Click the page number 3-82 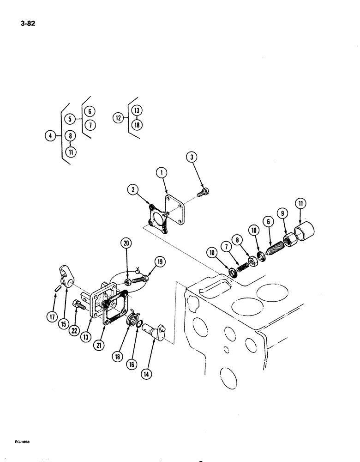(x=28, y=20)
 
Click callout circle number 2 (x=133, y=189)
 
